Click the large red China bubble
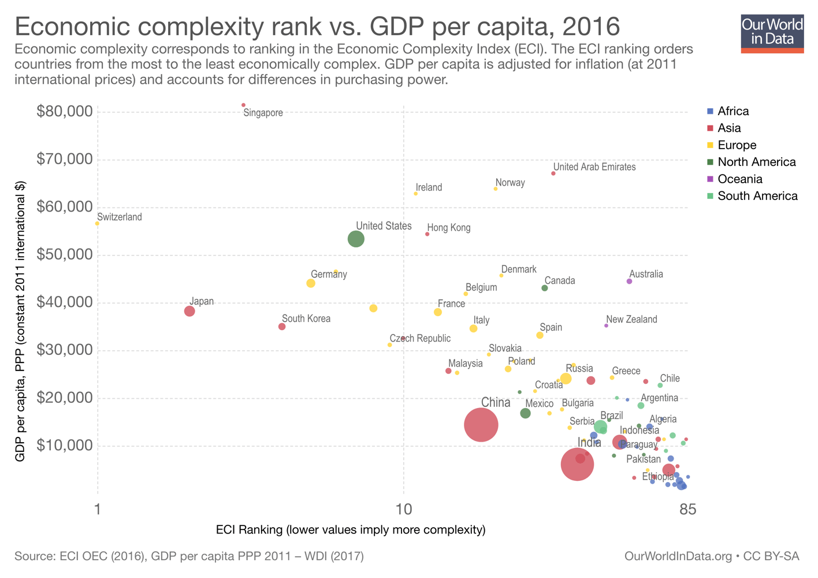point(481,425)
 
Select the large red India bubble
point(577,464)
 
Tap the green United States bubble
point(356,239)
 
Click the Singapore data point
point(243,105)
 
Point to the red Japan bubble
point(189,311)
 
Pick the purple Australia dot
point(630,281)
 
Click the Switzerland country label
point(120,217)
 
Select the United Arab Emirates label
point(594,167)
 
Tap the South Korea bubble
point(282,327)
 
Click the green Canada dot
point(545,288)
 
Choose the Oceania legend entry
point(739,179)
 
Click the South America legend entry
point(757,196)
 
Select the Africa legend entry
point(733,111)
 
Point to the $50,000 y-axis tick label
point(64,254)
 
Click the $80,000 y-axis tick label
point(64,111)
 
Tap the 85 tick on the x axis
point(687,509)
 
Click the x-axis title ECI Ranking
point(350,529)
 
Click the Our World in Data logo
point(772,34)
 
